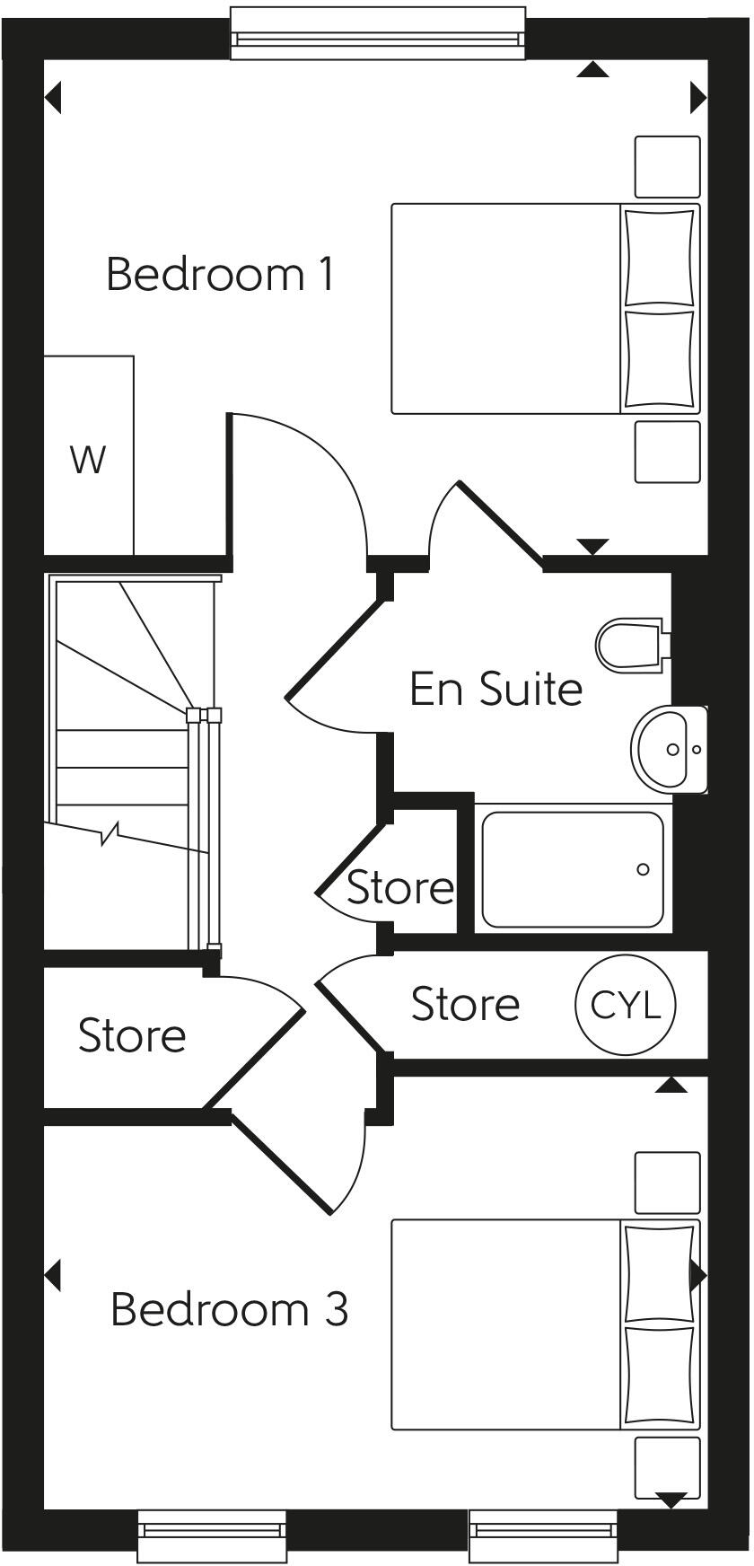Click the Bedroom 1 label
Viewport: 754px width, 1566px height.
[x=221, y=274]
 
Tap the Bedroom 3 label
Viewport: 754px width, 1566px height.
[x=229, y=1309]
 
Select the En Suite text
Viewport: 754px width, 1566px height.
[x=495, y=689]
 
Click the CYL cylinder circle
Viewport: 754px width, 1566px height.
[x=625, y=1005]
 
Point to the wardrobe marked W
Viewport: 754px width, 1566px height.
[x=88, y=460]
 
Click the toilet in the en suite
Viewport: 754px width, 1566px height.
[x=629, y=643]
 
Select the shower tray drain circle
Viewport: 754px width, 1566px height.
[x=643, y=869]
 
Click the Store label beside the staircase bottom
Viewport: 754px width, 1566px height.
[x=132, y=1035]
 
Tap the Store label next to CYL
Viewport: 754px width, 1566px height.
[x=465, y=1004]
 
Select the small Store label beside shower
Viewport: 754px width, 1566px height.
[x=399, y=888]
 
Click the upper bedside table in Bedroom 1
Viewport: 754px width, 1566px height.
[x=667, y=167]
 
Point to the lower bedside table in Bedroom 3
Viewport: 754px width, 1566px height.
[x=667, y=1467]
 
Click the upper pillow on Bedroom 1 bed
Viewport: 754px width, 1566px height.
[x=660, y=257]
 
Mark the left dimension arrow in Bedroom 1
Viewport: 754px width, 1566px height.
[x=53, y=97]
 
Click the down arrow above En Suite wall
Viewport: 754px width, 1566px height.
[x=592, y=546]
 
